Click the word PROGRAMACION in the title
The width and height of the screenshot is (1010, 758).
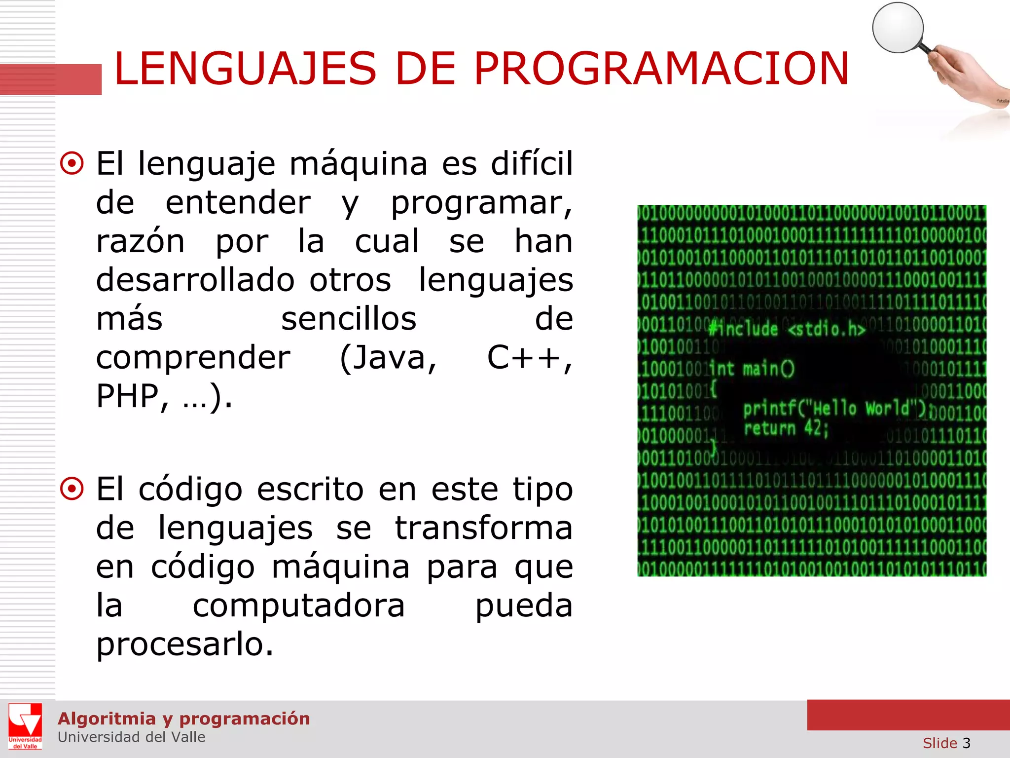661,69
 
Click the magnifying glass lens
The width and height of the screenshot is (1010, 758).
897,28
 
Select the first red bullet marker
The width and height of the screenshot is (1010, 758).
72,163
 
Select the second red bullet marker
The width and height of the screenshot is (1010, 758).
72,489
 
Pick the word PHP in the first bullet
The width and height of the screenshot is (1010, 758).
127,396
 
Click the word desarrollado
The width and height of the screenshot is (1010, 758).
195,280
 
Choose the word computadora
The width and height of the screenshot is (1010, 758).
298,606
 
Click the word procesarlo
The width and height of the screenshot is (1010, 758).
184,644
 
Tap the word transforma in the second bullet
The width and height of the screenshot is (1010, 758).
483,528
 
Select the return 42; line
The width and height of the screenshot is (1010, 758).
786,428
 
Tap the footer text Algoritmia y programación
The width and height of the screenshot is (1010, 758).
183,719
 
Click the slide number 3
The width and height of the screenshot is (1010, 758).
966,743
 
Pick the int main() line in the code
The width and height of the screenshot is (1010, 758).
752,369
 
